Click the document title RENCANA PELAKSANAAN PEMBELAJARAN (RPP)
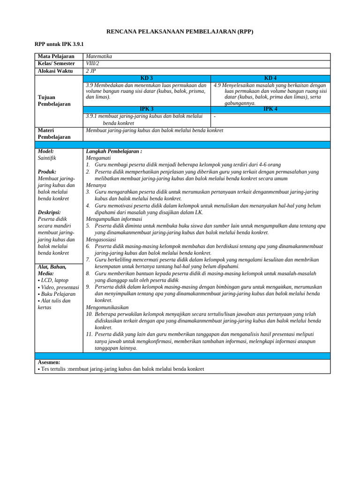coord(180,31)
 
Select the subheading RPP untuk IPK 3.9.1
coord(59,44)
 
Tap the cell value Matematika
coord(99,56)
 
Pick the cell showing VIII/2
coord(93,64)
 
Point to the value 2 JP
coord(91,71)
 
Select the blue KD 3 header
coord(147,78)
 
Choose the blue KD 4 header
coord(270,78)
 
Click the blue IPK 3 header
coord(147,109)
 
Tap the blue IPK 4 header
coord(270,109)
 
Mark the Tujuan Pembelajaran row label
coord(54,100)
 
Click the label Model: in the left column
coord(45,151)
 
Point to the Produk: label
coord(47,172)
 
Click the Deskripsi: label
coord(49,212)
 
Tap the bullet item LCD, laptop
coord(53,280)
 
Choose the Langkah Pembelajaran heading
coord(114,151)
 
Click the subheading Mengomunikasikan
coord(107,307)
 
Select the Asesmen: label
coord(49,362)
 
